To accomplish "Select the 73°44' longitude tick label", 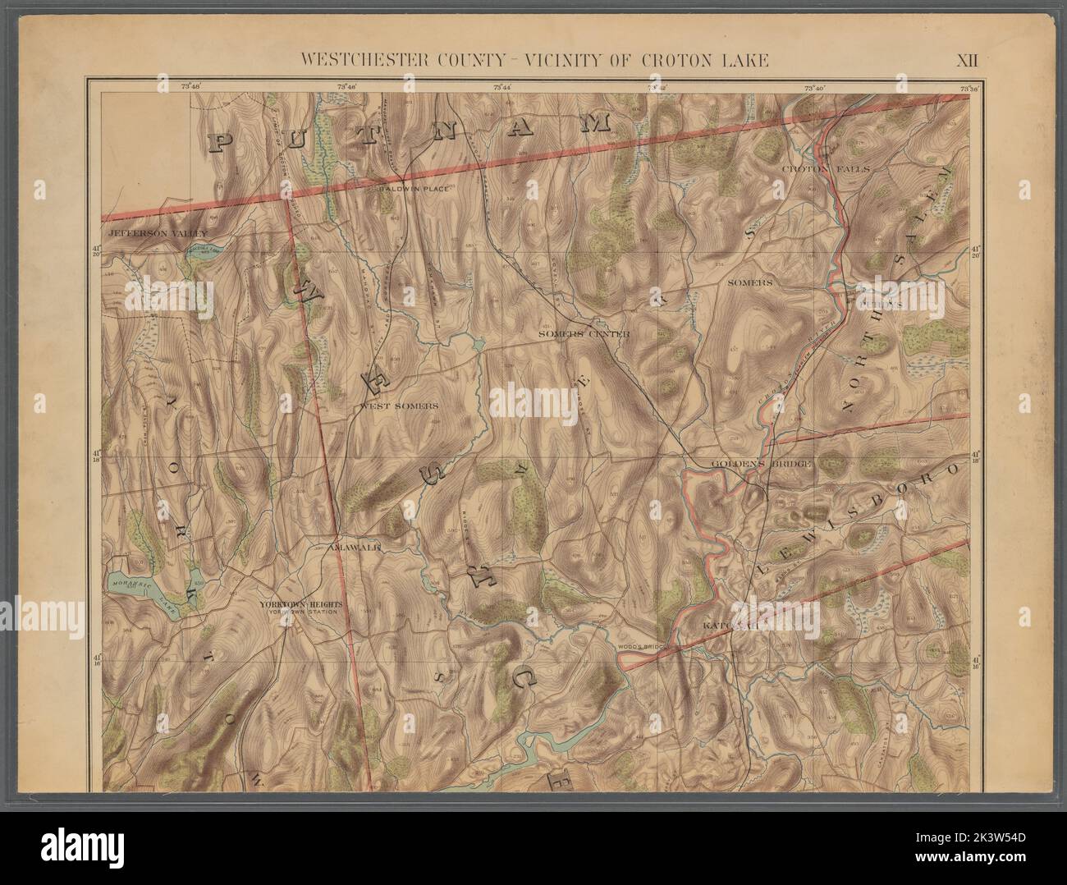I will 501,86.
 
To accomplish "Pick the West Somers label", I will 398,406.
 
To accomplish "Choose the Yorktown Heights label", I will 305,604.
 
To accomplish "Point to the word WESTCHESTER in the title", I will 361,59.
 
